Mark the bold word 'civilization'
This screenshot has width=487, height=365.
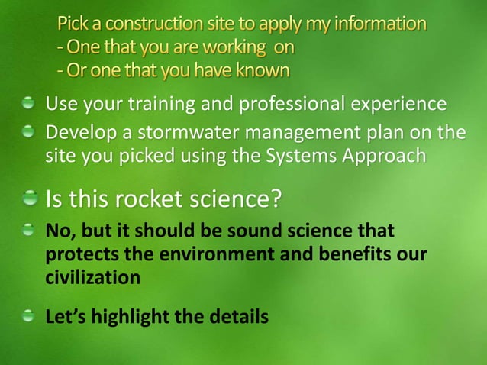coord(93,276)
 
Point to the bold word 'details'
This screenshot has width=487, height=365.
coord(240,315)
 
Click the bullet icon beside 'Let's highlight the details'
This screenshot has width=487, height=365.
coord(29,314)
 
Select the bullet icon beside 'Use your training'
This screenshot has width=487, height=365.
coord(29,102)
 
